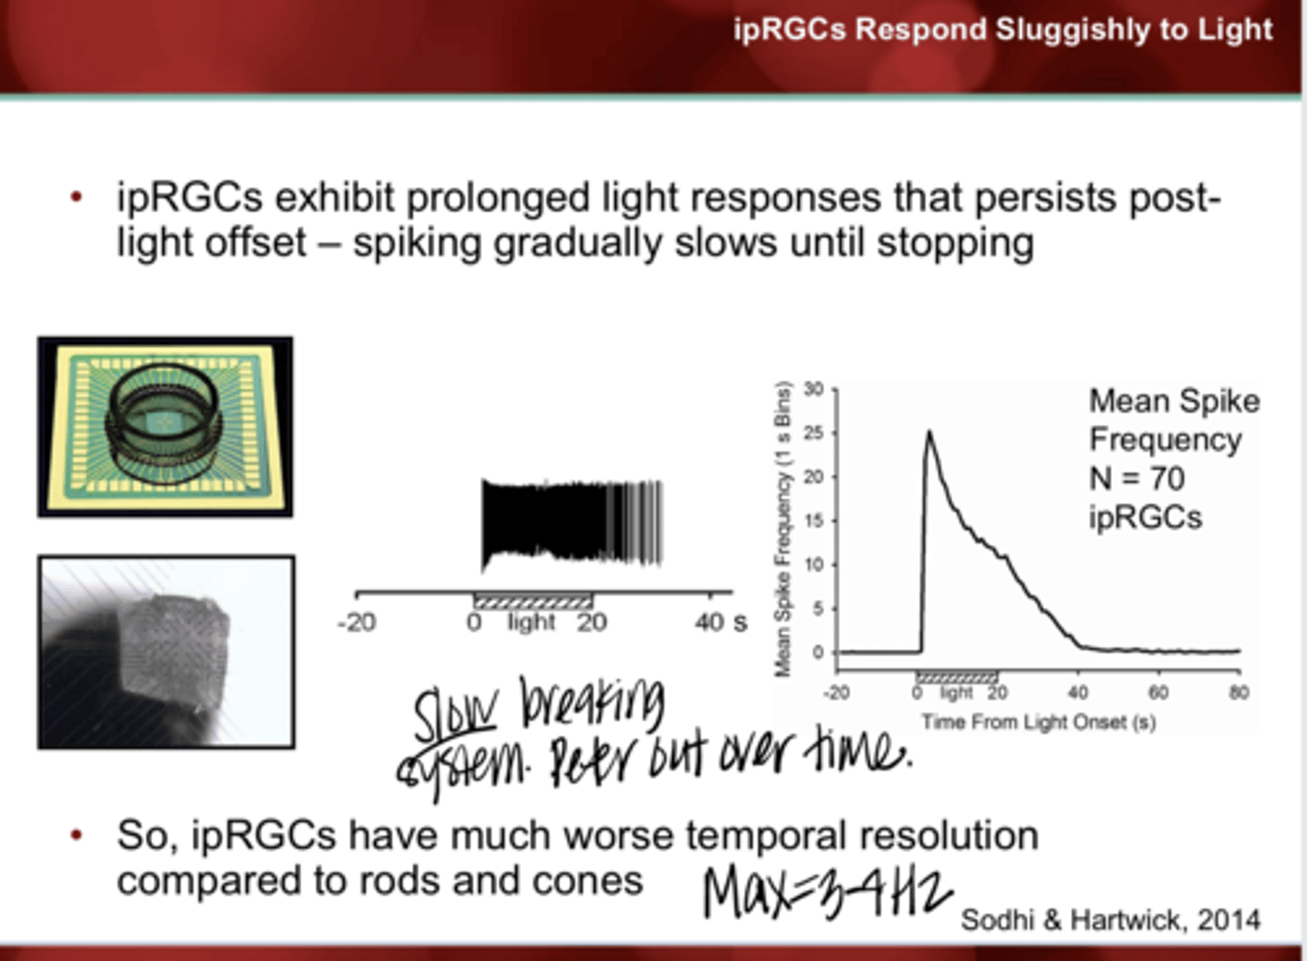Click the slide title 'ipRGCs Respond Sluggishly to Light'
click(x=1003, y=30)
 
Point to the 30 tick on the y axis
click(x=813, y=390)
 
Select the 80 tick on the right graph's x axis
click(x=1239, y=692)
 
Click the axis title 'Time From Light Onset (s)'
click(x=1038, y=722)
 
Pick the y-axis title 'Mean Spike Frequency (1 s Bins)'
click(x=782, y=529)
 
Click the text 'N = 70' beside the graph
click(x=1137, y=478)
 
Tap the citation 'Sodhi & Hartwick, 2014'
click(x=1110, y=919)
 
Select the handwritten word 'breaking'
click(x=592, y=703)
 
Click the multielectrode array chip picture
click(x=165, y=427)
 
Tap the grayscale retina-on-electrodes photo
click(x=166, y=652)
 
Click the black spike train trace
click(x=572, y=524)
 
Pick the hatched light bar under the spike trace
click(x=533, y=601)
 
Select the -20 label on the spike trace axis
click(x=356, y=623)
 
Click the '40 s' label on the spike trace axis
click(x=721, y=623)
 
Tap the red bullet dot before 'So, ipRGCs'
click(x=77, y=834)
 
